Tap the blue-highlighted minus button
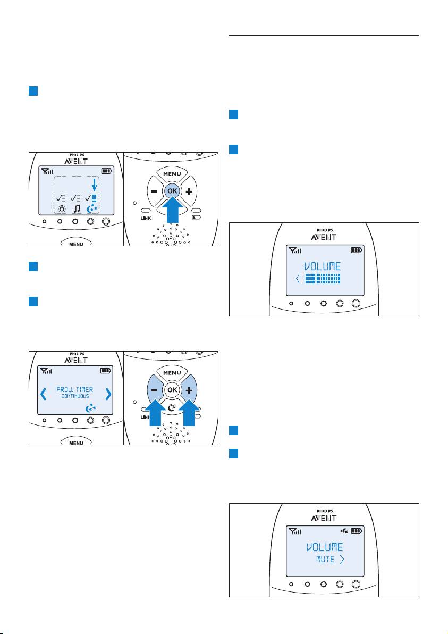click(154, 390)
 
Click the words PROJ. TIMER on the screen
click(75, 389)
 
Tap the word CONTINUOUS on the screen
click(74, 397)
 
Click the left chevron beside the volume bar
click(297, 278)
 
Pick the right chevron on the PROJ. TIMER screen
click(108, 394)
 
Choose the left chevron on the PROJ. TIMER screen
click(43, 394)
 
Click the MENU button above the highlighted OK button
click(172, 174)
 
